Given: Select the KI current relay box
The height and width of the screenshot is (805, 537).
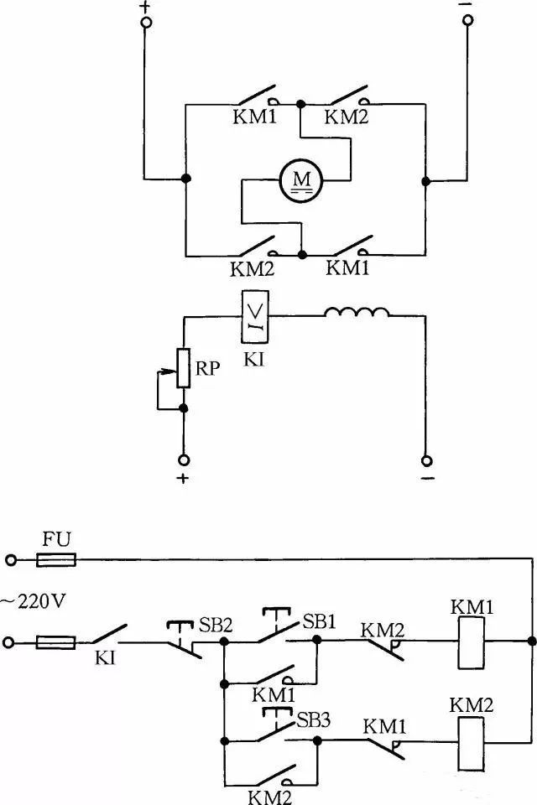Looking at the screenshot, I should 254,317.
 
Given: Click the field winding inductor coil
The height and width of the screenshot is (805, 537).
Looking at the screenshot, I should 357,314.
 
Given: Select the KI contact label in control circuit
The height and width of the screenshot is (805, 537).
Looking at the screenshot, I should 107,662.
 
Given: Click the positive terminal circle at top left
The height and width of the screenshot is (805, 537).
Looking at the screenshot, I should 146,23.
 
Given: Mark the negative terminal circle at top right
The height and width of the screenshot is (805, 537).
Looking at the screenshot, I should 467,23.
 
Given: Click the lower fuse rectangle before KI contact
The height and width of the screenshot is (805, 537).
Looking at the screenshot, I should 57,642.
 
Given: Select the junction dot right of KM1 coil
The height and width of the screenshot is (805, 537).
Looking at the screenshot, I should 531,642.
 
